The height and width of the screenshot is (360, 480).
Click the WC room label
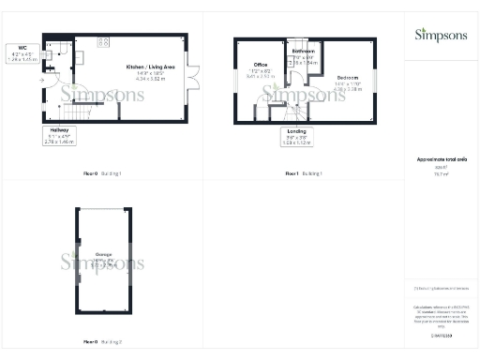(20, 49)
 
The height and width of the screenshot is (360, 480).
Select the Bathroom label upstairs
(303, 50)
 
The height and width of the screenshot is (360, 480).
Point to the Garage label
(103, 253)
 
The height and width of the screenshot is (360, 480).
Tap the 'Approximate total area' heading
(440, 160)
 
